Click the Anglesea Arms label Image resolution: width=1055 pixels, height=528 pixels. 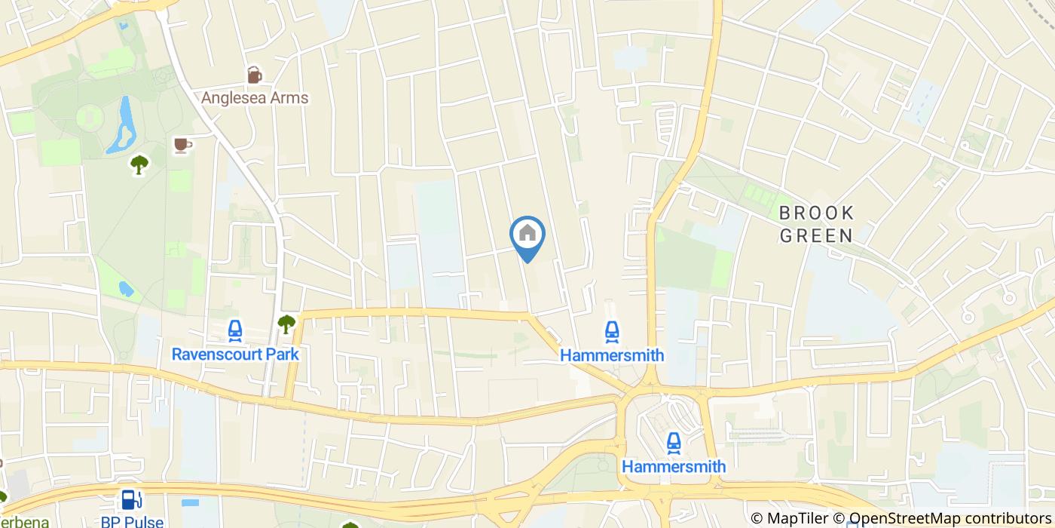[x=255, y=98]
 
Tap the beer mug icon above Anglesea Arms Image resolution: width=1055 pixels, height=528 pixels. [x=255, y=75]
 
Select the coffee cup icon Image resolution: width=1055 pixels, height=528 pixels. [x=182, y=144]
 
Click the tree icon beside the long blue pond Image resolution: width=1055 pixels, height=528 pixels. [x=139, y=164]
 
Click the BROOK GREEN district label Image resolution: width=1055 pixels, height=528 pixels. [x=816, y=224]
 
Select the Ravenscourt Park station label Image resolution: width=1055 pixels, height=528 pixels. [x=235, y=354]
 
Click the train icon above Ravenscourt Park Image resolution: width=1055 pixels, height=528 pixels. [x=235, y=330]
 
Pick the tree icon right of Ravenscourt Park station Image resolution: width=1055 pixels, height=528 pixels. [x=286, y=324]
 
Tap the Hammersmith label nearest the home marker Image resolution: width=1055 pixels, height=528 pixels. [x=612, y=355]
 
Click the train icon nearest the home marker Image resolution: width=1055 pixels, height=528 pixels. [x=612, y=330]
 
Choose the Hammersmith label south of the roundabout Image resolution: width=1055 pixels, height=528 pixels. [x=674, y=466]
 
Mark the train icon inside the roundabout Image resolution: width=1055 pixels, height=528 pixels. [x=674, y=442]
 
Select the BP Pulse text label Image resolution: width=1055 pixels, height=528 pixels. [x=132, y=521]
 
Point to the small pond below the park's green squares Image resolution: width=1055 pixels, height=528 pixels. [x=126, y=288]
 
